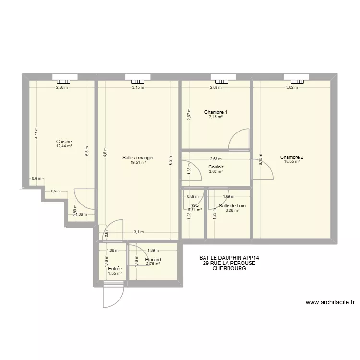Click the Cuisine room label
click(x=64, y=141)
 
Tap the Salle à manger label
click(x=138, y=158)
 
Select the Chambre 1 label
click(x=216, y=112)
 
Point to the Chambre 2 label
click(x=292, y=157)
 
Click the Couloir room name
click(x=216, y=167)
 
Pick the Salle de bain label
click(x=232, y=206)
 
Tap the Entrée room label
click(x=115, y=269)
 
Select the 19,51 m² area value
click(x=138, y=163)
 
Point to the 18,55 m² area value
click(x=292, y=162)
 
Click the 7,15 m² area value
click(x=216, y=117)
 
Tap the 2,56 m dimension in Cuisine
click(x=62, y=88)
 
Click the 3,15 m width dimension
click(x=138, y=88)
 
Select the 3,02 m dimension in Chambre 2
click(x=292, y=88)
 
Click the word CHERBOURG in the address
click(x=229, y=269)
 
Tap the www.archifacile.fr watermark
click(x=330, y=302)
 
